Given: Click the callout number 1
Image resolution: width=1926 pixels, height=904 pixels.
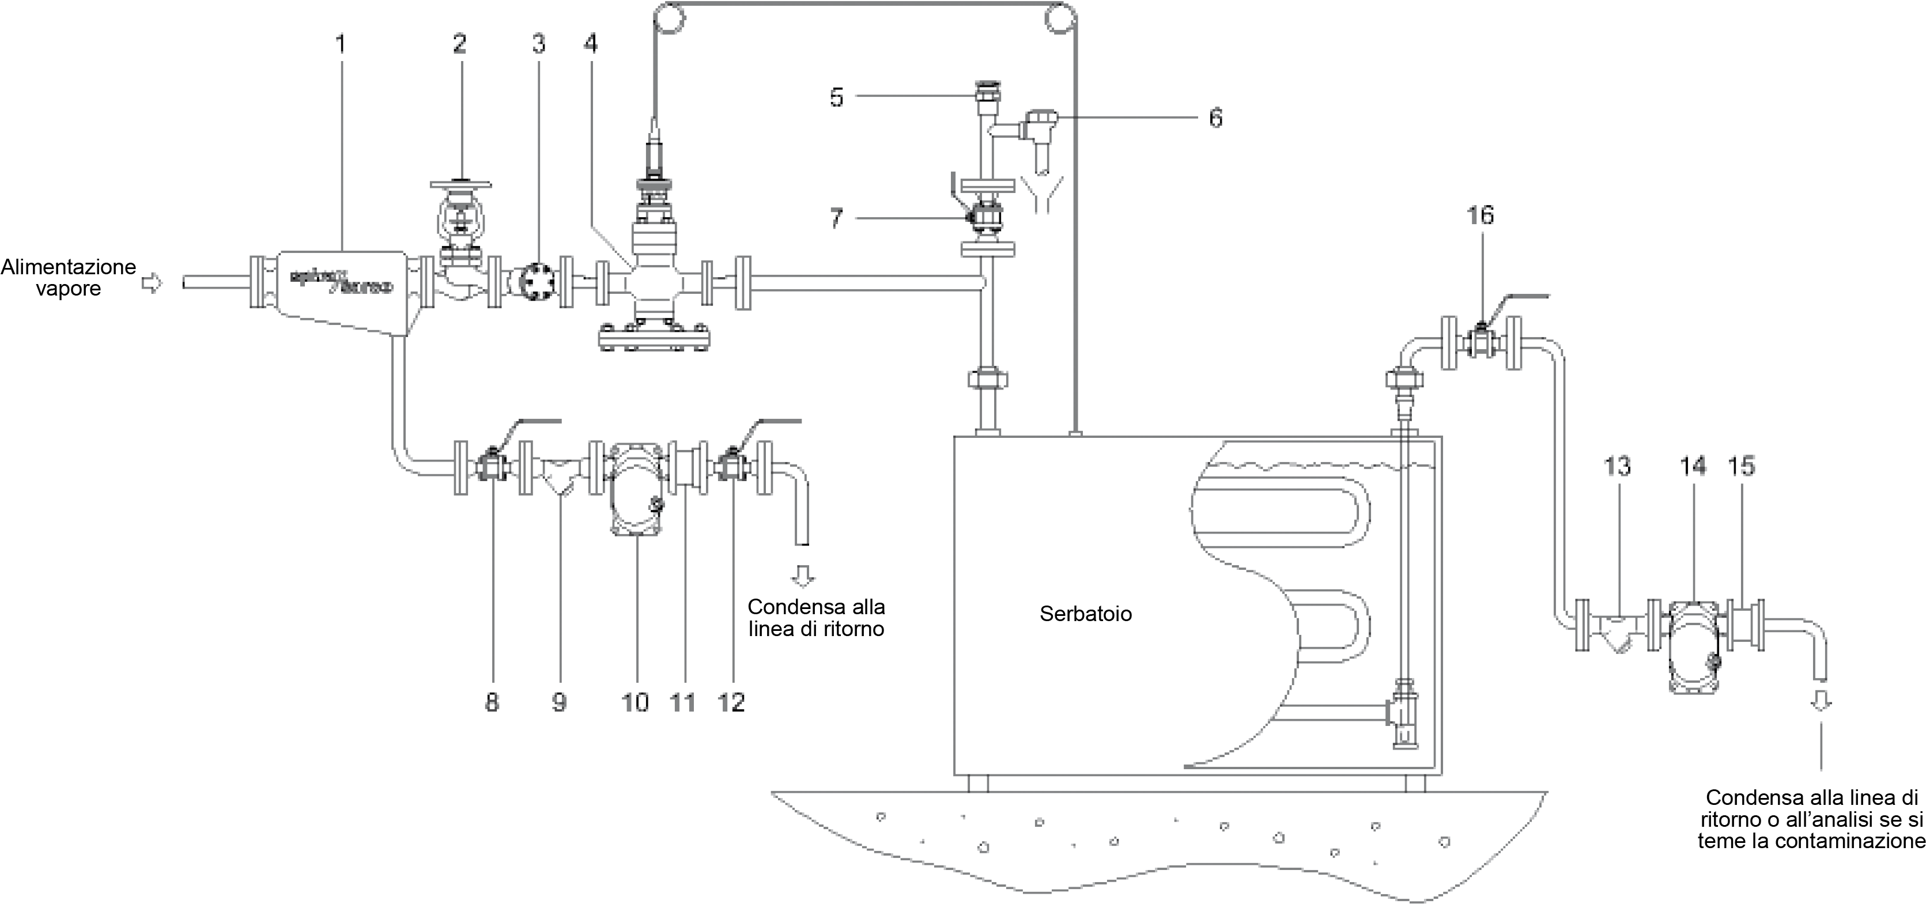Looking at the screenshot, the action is point(341,43).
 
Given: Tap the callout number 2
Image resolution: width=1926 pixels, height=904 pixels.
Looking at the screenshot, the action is point(460,43).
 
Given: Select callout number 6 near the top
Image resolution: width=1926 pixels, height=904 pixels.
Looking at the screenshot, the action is point(1216,118).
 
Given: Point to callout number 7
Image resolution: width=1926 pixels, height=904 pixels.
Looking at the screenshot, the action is point(837,218).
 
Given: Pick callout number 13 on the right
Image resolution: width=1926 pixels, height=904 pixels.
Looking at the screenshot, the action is point(1617,467).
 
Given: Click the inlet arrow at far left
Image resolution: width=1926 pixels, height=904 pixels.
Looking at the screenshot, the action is point(152,283).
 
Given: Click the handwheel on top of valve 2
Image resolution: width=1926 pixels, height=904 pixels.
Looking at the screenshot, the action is point(460,183).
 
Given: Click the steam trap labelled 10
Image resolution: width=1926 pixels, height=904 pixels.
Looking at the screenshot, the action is point(635,487).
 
